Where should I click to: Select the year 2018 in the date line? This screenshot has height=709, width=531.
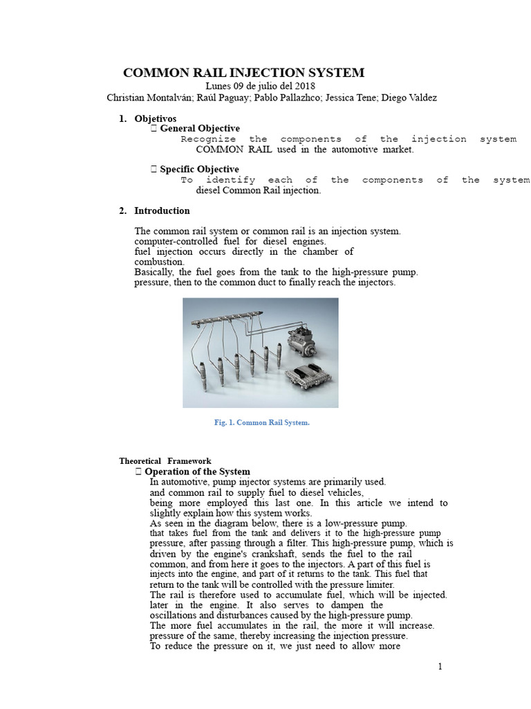point(305,86)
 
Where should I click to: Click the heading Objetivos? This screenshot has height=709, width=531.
point(155,118)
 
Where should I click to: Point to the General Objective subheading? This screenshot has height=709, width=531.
point(200,128)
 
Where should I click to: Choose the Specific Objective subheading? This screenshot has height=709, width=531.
point(199,169)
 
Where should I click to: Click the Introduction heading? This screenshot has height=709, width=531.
point(162,210)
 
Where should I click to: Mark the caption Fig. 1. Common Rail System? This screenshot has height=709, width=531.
point(261,422)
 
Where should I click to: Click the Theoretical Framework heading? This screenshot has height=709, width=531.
point(165,460)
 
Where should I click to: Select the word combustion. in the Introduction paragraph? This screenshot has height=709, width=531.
point(159,262)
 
